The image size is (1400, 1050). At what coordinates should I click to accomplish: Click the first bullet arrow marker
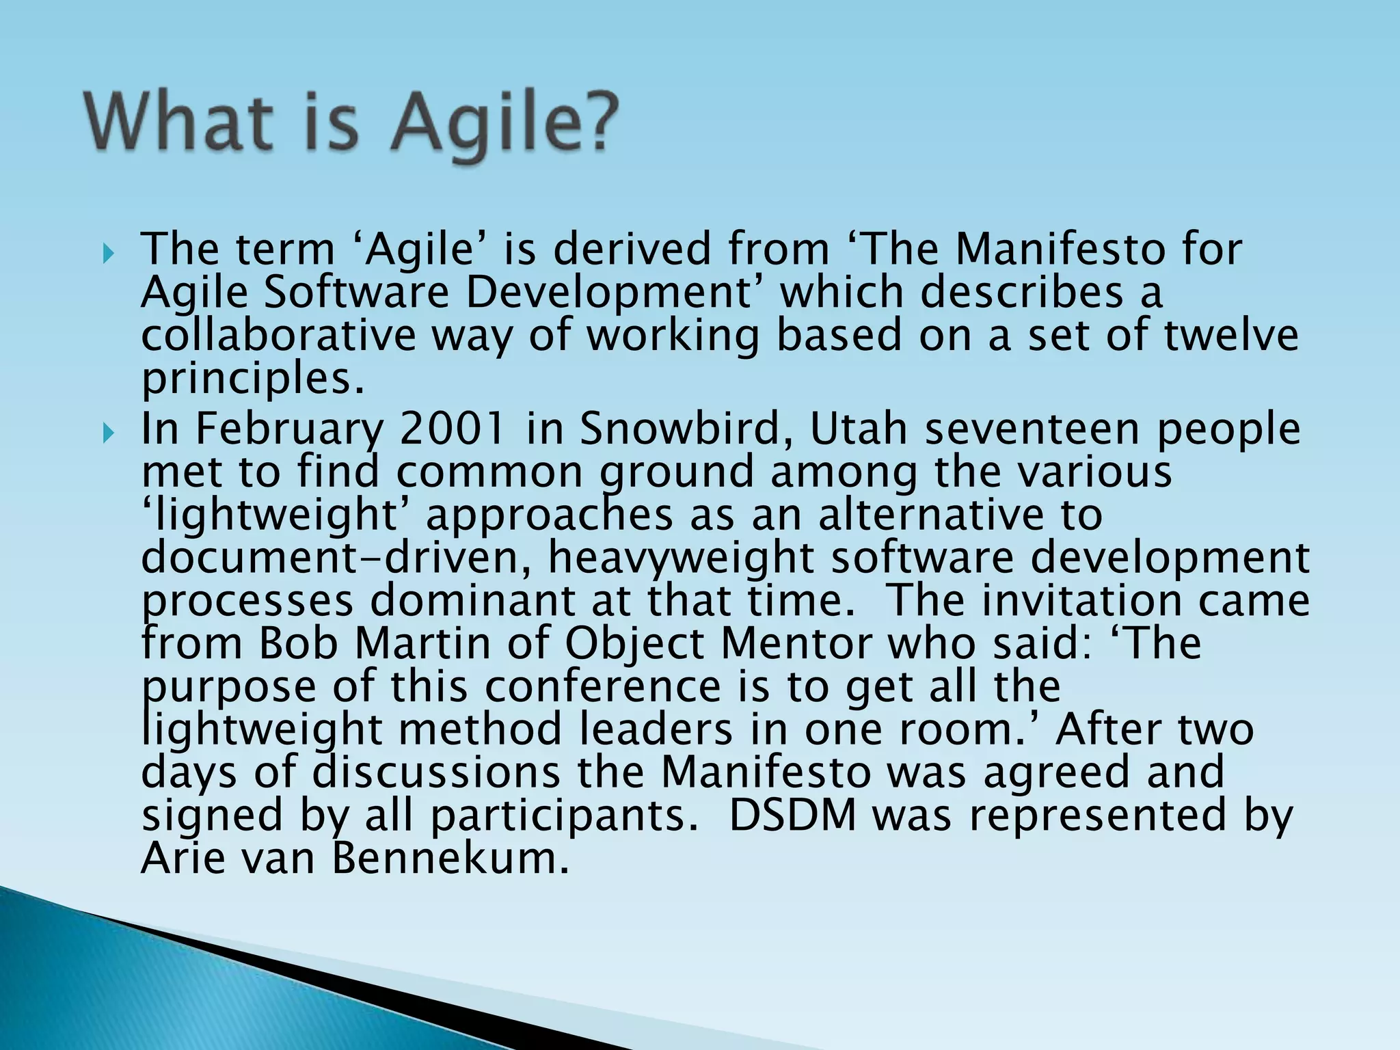click(109, 255)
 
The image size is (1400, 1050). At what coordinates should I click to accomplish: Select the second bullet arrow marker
click(109, 433)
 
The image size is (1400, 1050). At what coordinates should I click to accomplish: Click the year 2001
click(452, 429)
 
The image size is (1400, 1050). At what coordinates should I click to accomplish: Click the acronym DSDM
click(792, 816)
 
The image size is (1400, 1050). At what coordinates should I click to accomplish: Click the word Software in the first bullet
click(356, 293)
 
